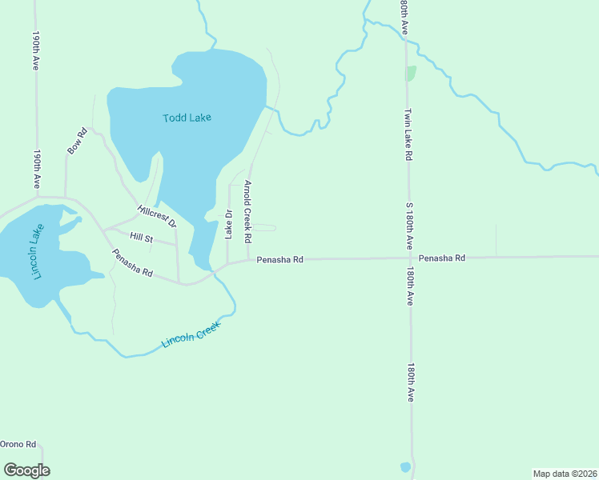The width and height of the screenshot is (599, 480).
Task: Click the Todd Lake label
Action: tap(187, 118)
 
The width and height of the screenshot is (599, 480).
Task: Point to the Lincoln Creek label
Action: tap(190, 332)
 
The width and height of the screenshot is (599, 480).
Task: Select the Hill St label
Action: tap(141, 238)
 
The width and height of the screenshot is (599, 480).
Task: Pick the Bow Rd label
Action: tap(77, 142)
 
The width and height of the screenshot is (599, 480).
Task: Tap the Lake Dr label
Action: tap(228, 225)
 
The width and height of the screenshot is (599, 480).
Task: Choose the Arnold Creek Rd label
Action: tap(248, 212)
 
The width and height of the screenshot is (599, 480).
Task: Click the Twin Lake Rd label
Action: tap(408, 134)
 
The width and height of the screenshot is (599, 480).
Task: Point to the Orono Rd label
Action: tap(18, 444)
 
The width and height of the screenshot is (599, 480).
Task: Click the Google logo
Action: tap(26, 470)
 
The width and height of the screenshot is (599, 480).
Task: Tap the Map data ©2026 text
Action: tap(565, 474)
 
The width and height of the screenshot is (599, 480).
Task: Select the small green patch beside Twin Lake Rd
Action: tap(411, 74)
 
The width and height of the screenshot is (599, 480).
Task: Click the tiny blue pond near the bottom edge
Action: tap(405, 466)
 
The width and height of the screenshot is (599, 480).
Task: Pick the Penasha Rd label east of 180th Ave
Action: tap(441, 258)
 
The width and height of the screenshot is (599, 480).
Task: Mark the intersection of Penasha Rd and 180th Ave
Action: tap(409, 258)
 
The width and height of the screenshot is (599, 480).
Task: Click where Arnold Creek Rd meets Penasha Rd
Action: tap(248, 260)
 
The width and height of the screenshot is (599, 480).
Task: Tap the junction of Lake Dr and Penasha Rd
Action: tap(228, 262)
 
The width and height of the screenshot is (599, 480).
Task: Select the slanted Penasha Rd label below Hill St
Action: tap(132, 262)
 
